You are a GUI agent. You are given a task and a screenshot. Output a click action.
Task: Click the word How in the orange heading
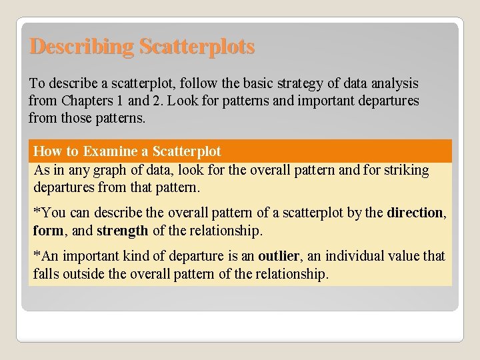47,151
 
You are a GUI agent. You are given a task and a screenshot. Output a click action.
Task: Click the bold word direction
415,213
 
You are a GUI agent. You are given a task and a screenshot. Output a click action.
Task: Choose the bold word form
47,231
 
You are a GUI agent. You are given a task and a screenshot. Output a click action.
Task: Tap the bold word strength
122,231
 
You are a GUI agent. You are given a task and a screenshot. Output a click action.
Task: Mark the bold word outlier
279,256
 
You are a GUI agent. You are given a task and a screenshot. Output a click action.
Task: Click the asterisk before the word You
37,212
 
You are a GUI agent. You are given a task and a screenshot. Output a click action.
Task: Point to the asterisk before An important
37,255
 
